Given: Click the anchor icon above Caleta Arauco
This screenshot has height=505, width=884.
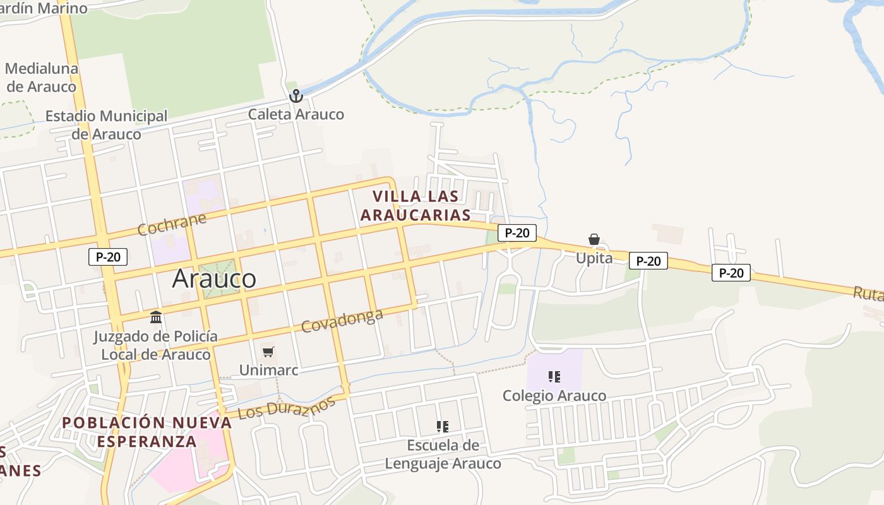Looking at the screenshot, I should click(296, 96).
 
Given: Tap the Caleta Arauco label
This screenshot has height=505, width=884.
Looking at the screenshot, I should click(296, 114).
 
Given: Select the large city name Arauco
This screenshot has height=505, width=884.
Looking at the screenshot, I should click(214, 278).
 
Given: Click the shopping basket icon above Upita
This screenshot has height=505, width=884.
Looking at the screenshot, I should click(594, 239).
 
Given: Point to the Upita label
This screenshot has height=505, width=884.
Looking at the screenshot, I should click(594, 258).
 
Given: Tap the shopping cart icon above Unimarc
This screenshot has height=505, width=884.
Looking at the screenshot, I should click(268, 352).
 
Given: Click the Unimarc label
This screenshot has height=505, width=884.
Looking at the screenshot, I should click(268, 370).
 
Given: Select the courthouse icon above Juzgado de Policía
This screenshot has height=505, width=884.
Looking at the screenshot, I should click(156, 317).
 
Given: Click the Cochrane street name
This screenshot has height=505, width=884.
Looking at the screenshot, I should click(172, 224).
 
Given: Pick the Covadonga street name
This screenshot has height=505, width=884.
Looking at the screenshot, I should click(342, 321).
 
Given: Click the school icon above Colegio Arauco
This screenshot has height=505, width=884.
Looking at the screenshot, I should click(554, 377).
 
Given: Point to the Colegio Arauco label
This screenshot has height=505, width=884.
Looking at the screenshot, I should click(554, 396).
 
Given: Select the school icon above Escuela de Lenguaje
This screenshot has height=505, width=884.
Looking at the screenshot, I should click(443, 427).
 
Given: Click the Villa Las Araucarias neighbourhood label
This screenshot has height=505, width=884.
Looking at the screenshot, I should click(415, 205).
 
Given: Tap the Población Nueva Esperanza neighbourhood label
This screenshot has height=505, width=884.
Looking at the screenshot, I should click(147, 432).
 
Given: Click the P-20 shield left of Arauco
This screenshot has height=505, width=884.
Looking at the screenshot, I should click(108, 257).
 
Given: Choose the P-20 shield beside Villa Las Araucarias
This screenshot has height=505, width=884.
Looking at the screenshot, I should click(517, 233).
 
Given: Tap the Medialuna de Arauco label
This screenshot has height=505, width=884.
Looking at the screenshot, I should click(42, 78).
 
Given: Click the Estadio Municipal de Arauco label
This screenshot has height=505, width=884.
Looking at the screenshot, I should click(106, 125).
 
